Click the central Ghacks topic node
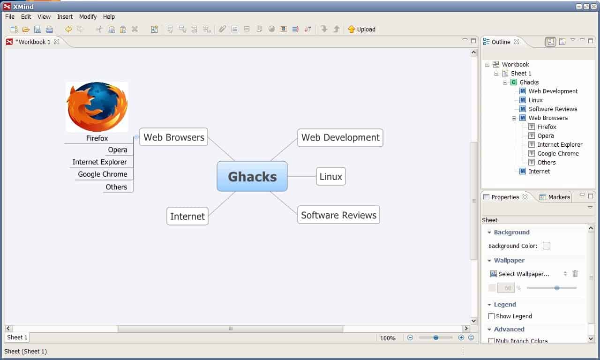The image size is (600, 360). pyautogui.click(x=252, y=176)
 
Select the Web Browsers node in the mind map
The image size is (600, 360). pyautogui.click(x=173, y=137)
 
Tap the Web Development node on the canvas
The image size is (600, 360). pyautogui.click(x=340, y=138)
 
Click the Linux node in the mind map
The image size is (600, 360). pyautogui.click(x=331, y=177)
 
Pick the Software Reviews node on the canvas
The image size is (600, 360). pyautogui.click(x=338, y=215)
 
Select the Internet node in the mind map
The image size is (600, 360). pyautogui.click(x=187, y=216)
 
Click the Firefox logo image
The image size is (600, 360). pyautogui.click(x=97, y=107)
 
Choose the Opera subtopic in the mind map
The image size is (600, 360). pyautogui.click(x=118, y=150)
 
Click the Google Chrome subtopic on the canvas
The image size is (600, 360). pyautogui.click(x=103, y=174)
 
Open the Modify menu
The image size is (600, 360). pyautogui.click(x=88, y=16)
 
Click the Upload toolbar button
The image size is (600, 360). pyautogui.click(x=361, y=29)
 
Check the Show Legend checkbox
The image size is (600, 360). pyautogui.click(x=491, y=316)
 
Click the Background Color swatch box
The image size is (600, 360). pyautogui.click(x=547, y=246)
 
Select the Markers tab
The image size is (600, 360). pyautogui.click(x=555, y=197)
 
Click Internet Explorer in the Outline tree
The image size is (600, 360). pyautogui.click(x=560, y=145)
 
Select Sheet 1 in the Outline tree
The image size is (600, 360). pyautogui.click(x=521, y=74)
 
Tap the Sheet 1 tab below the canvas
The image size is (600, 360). pyautogui.click(x=17, y=337)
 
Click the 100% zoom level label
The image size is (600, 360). pyautogui.click(x=388, y=338)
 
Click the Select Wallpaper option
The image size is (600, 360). pyautogui.click(x=524, y=274)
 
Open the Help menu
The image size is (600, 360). pyautogui.click(x=109, y=16)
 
